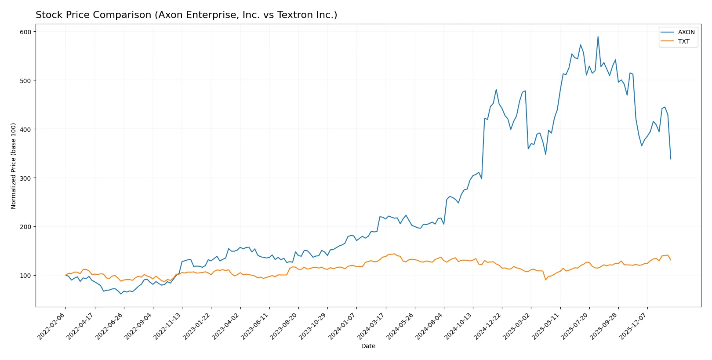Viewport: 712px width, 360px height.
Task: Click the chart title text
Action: [x=186, y=15]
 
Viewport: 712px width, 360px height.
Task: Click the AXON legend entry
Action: [x=686, y=32]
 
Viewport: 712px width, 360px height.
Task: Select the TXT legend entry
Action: [x=683, y=41]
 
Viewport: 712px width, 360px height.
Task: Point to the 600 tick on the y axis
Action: [x=25, y=32]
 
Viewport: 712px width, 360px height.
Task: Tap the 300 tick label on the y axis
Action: [x=25, y=178]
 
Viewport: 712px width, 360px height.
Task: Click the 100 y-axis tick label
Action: [x=25, y=276]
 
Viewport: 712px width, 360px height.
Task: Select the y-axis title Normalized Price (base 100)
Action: [x=14, y=166]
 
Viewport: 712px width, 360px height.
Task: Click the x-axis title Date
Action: [x=368, y=346]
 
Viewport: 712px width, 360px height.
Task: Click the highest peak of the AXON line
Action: [x=598, y=36]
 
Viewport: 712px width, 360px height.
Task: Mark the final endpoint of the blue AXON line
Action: [x=671, y=159]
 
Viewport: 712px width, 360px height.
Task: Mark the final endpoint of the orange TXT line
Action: [x=671, y=260]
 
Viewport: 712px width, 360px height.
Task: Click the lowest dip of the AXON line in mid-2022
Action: [x=121, y=294]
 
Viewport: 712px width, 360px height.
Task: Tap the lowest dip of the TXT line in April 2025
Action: [x=545, y=280]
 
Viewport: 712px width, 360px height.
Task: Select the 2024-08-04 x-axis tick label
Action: [x=430, y=326]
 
